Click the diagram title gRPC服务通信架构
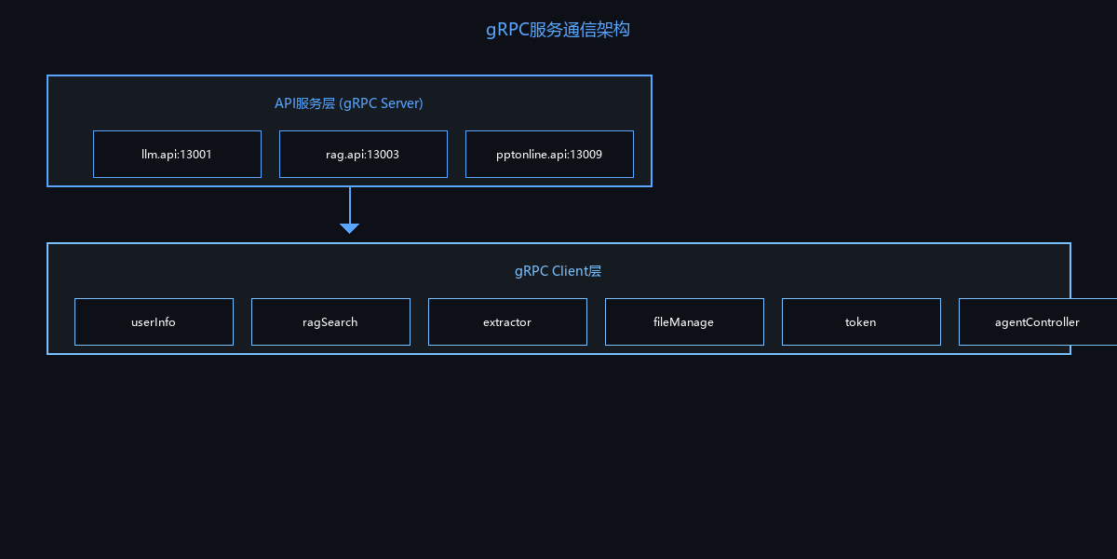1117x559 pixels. click(558, 30)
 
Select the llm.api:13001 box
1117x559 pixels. click(177, 155)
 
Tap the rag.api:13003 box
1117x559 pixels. click(363, 155)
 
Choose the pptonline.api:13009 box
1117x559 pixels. click(549, 155)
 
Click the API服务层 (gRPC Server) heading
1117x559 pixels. click(349, 103)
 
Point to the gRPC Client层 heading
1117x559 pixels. click(558, 271)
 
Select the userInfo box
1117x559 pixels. click(154, 322)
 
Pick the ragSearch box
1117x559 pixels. click(330, 322)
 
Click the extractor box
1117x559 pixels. click(507, 322)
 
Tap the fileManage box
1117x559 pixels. click(684, 322)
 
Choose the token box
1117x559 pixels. click(861, 322)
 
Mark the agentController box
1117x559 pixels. click(1037, 322)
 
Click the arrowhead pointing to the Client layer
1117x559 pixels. click(349, 228)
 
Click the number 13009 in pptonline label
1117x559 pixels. click(585, 155)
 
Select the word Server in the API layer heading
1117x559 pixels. click(401, 103)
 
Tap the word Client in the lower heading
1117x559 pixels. click(570, 271)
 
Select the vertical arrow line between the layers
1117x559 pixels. click(349, 205)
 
